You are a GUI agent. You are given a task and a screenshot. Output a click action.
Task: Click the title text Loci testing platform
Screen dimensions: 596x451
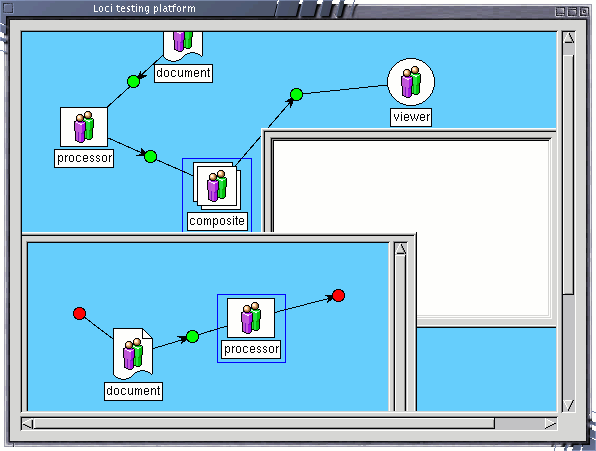point(144,8)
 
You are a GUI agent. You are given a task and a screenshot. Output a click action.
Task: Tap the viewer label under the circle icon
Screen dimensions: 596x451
point(411,117)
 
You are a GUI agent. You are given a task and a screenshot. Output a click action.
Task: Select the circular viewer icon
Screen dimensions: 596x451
point(411,82)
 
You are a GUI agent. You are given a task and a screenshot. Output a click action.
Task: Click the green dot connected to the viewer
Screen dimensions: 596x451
point(296,94)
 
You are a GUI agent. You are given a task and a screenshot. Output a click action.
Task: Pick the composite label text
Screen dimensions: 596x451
point(217,221)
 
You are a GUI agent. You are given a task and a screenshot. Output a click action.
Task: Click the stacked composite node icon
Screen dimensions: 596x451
point(217,186)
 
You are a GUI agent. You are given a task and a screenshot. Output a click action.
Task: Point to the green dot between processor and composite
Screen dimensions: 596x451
point(151,156)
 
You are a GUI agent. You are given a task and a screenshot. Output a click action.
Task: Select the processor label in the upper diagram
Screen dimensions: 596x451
point(84,158)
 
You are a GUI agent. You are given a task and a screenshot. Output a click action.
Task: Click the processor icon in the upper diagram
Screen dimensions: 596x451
point(84,127)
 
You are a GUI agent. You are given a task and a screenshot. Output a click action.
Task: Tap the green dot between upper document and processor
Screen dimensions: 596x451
point(133,81)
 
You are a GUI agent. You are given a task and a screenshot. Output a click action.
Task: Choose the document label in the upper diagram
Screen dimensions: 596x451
point(184,73)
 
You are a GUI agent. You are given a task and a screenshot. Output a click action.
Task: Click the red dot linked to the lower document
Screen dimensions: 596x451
point(79,313)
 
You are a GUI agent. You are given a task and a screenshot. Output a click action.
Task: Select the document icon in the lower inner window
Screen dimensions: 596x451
point(133,354)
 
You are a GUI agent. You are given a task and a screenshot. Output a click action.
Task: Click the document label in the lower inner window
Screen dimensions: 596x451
point(133,391)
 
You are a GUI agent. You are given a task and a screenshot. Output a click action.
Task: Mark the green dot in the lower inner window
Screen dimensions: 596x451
point(192,337)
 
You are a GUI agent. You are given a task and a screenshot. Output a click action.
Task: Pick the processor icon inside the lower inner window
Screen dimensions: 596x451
point(251,318)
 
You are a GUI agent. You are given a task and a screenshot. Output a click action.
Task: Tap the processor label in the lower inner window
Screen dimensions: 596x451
point(252,350)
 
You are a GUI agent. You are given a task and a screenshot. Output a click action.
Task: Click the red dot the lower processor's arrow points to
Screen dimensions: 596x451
point(338,295)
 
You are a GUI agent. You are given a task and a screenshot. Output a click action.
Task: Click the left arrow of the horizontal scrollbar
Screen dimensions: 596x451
point(27,424)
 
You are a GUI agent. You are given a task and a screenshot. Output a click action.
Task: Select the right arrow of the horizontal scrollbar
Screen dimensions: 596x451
point(550,424)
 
